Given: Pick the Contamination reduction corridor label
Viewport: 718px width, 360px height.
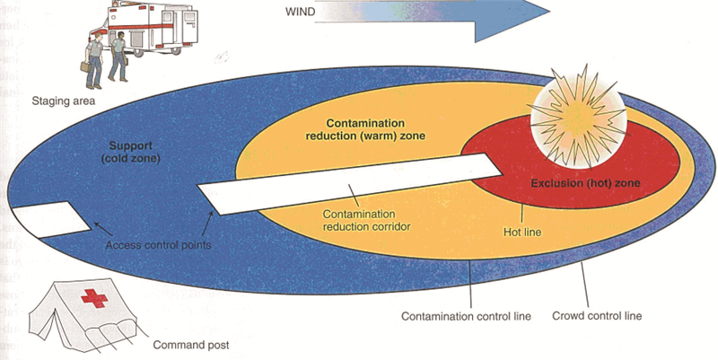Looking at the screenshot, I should tap(365, 221).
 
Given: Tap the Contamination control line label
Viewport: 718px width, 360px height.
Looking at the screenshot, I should tap(467, 316).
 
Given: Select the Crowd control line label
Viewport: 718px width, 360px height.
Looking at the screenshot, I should tap(597, 316).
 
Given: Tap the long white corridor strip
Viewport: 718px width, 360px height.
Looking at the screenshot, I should tap(350, 183).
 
